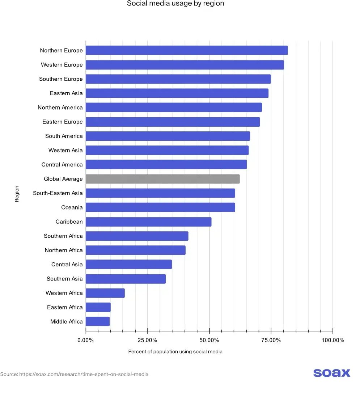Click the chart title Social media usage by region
(x=175, y=4)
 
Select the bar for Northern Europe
(x=187, y=50)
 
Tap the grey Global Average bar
(x=162, y=179)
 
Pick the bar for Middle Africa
(x=98, y=321)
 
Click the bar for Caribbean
(x=148, y=221)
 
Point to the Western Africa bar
(x=105, y=293)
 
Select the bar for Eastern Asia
(x=177, y=93)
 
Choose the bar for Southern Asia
(x=126, y=279)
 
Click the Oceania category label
(x=72, y=207)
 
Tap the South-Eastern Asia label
(x=58, y=193)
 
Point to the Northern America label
(x=60, y=107)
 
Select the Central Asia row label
(x=67, y=265)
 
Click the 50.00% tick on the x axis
(x=209, y=340)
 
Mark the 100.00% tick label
(x=333, y=340)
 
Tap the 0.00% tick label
(x=86, y=340)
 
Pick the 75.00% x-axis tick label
(x=271, y=340)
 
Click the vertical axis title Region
(x=17, y=194)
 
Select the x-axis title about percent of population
(x=175, y=351)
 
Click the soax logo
(x=331, y=373)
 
